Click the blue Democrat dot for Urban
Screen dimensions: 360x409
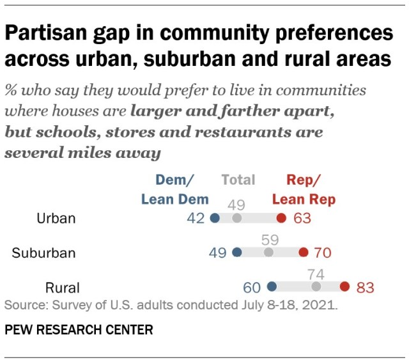[x=215, y=219]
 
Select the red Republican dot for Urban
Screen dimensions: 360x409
[x=281, y=219]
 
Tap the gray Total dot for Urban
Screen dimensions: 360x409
[x=237, y=219]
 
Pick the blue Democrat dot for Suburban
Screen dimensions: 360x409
[x=237, y=253]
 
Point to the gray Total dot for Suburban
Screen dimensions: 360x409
[x=268, y=253]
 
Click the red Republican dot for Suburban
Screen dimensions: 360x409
[x=303, y=253]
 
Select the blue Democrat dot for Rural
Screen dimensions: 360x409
[x=272, y=286]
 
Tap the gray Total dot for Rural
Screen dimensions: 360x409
[x=316, y=286]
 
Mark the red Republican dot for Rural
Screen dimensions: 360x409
[x=345, y=286]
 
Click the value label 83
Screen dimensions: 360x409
[x=365, y=287]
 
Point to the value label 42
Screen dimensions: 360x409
[x=196, y=219]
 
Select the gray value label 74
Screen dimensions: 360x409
[x=316, y=274]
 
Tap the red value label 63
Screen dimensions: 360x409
[x=302, y=219]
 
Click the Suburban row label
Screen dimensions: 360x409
[x=43, y=253]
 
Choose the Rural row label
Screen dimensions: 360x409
[x=62, y=287]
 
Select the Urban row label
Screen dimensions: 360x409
[x=56, y=219]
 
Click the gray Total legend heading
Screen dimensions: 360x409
[x=238, y=180]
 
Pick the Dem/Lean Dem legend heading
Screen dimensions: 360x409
[x=174, y=189]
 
